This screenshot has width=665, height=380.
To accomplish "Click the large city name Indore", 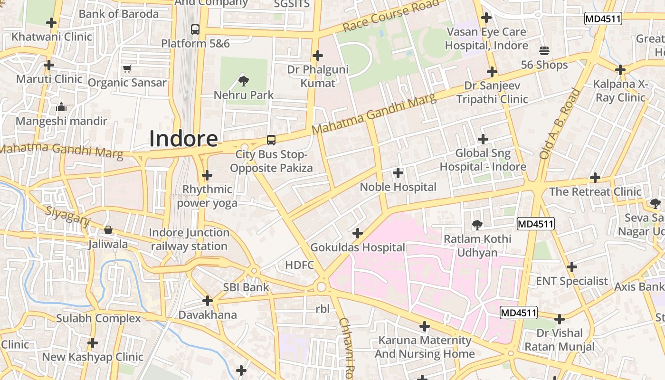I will coord(184,138).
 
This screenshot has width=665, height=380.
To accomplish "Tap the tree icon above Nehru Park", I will coord(244,81).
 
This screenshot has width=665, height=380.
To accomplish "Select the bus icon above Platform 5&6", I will coord(195,29).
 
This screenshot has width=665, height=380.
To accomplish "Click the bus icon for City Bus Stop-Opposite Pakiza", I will coord(271,140).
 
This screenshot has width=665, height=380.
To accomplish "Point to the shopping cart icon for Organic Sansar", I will coord(127,69).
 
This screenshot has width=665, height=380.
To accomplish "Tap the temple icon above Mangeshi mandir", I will coord(61,107).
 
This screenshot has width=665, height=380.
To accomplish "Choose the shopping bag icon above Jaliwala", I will coord(108,230).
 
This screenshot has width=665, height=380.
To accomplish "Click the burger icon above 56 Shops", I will coord(544,51).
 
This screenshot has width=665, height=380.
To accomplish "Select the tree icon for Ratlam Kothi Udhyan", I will coord(477,225).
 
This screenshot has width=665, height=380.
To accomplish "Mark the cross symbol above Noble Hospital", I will coord(398,173).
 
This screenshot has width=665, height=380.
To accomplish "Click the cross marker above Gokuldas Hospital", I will coord(358,233).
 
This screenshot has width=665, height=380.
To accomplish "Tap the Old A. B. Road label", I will coord(560,124).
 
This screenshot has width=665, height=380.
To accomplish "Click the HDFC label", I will coord(300,265).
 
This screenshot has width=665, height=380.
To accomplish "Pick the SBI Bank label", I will coord(246,287).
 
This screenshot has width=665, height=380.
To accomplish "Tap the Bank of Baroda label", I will coord(119,14).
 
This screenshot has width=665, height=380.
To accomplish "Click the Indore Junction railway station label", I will coord(189,239).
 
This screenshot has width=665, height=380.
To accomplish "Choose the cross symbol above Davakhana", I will coord(208,301).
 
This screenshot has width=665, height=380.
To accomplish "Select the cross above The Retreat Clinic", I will coord(595,178).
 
